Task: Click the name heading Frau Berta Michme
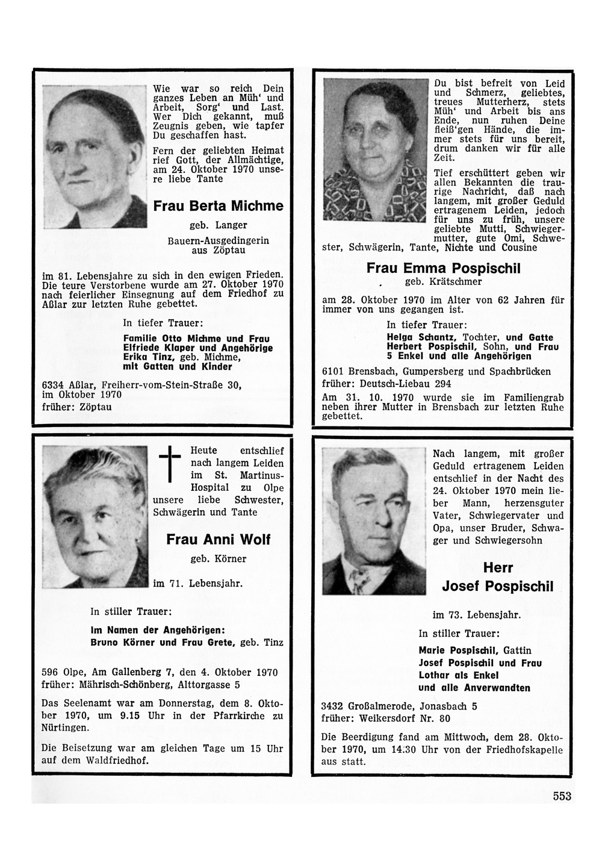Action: [x=218, y=206]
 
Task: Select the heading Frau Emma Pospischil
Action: [x=444, y=268]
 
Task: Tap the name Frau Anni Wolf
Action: [x=218, y=539]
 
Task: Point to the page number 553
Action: [x=561, y=796]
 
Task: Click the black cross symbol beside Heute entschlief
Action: [x=170, y=463]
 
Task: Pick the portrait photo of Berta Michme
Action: [x=95, y=158]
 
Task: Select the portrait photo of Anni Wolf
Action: [x=95, y=516]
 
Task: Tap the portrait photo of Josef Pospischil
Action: [x=374, y=517]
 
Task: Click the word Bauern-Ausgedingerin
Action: [x=218, y=240]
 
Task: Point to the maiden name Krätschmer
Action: [x=457, y=281]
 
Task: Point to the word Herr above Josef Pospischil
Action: [x=497, y=568]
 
